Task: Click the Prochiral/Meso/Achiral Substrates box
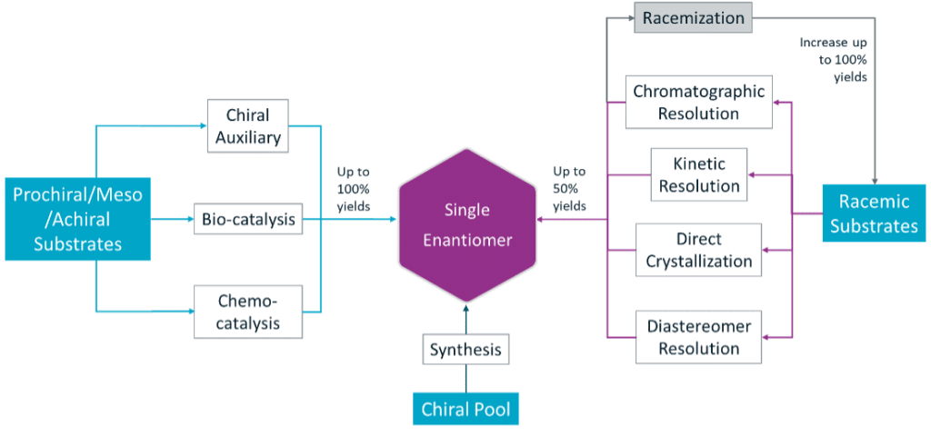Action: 76,218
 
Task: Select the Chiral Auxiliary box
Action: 246,126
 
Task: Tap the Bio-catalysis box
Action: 246,219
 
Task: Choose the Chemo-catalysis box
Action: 246,311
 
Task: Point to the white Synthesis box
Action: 465,349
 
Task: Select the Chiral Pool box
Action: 465,409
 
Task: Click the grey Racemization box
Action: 693,17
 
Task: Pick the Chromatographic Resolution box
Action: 699,101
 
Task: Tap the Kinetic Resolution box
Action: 699,175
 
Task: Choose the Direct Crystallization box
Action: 699,250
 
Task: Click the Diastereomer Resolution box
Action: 699,336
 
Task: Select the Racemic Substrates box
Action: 874,213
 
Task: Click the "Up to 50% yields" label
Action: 569,188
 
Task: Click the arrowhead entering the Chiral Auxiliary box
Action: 204,127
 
